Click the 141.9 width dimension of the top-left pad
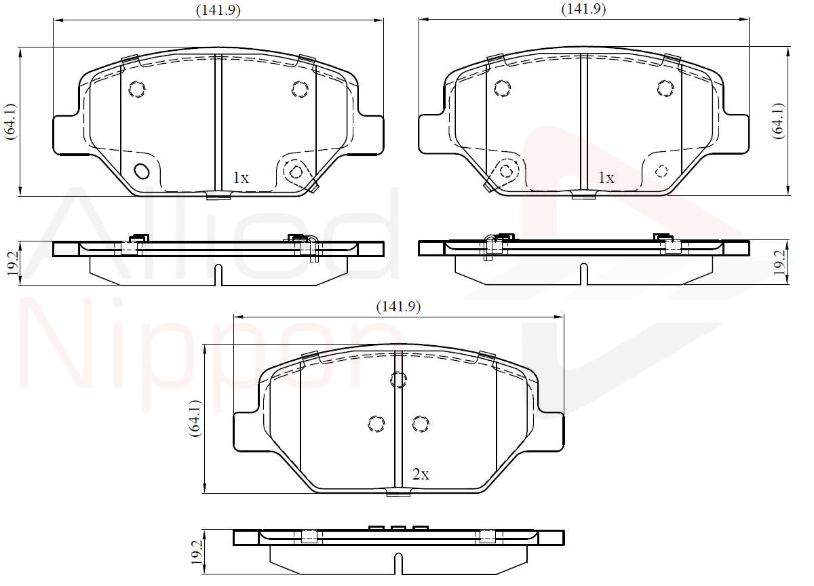[x=218, y=11]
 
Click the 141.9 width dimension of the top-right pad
[x=583, y=9]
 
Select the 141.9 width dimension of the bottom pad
[x=398, y=307]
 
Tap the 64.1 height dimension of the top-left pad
[x=10, y=121]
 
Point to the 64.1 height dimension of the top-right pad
[x=779, y=121]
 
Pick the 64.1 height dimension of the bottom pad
[x=195, y=418]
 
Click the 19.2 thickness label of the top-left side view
[x=12, y=263]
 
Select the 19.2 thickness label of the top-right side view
[x=779, y=262]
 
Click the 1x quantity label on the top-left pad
[x=241, y=178]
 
